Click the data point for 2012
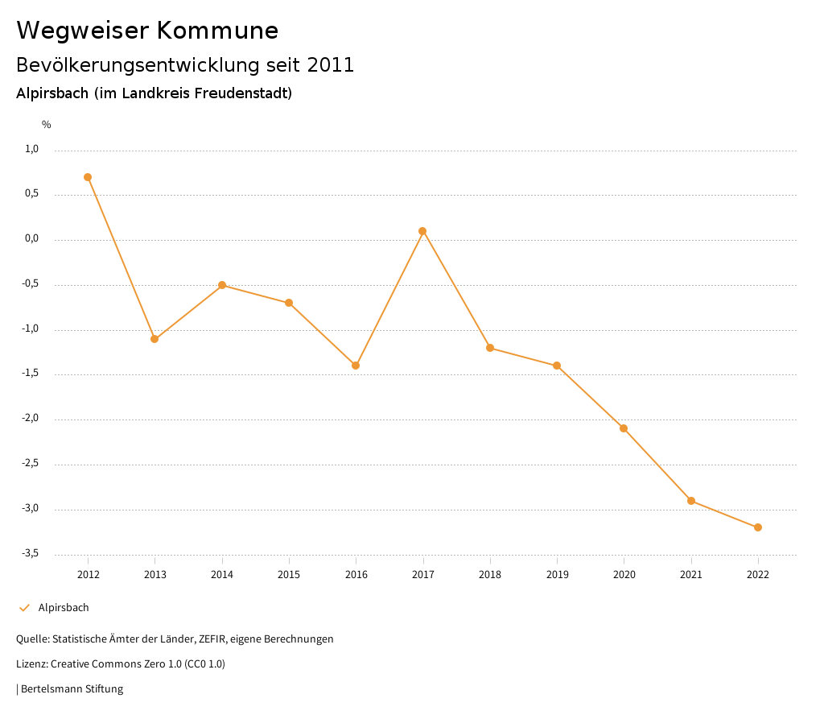point(88,177)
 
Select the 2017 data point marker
point(422,231)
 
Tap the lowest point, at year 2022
point(758,527)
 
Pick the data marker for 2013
point(154,339)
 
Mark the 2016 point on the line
point(356,366)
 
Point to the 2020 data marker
point(624,428)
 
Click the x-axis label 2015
point(289,575)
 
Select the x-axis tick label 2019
point(557,575)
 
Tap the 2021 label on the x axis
point(691,575)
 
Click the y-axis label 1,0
point(32,149)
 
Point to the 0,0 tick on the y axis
point(32,238)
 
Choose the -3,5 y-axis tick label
point(30,553)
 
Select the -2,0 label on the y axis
point(30,419)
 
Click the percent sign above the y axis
point(47,125)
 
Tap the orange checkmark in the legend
point(24,608)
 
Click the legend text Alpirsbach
point(64,608)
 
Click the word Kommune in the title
point(217,31)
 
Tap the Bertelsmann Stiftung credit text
point(72,689)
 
